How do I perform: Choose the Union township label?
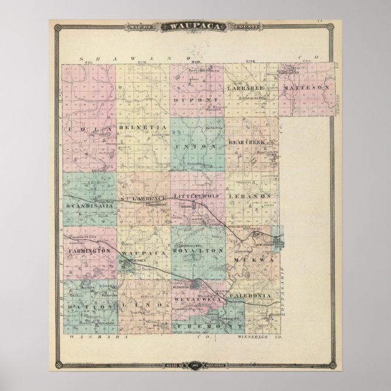click(195, 147)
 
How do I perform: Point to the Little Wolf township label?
click(195, 197)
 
